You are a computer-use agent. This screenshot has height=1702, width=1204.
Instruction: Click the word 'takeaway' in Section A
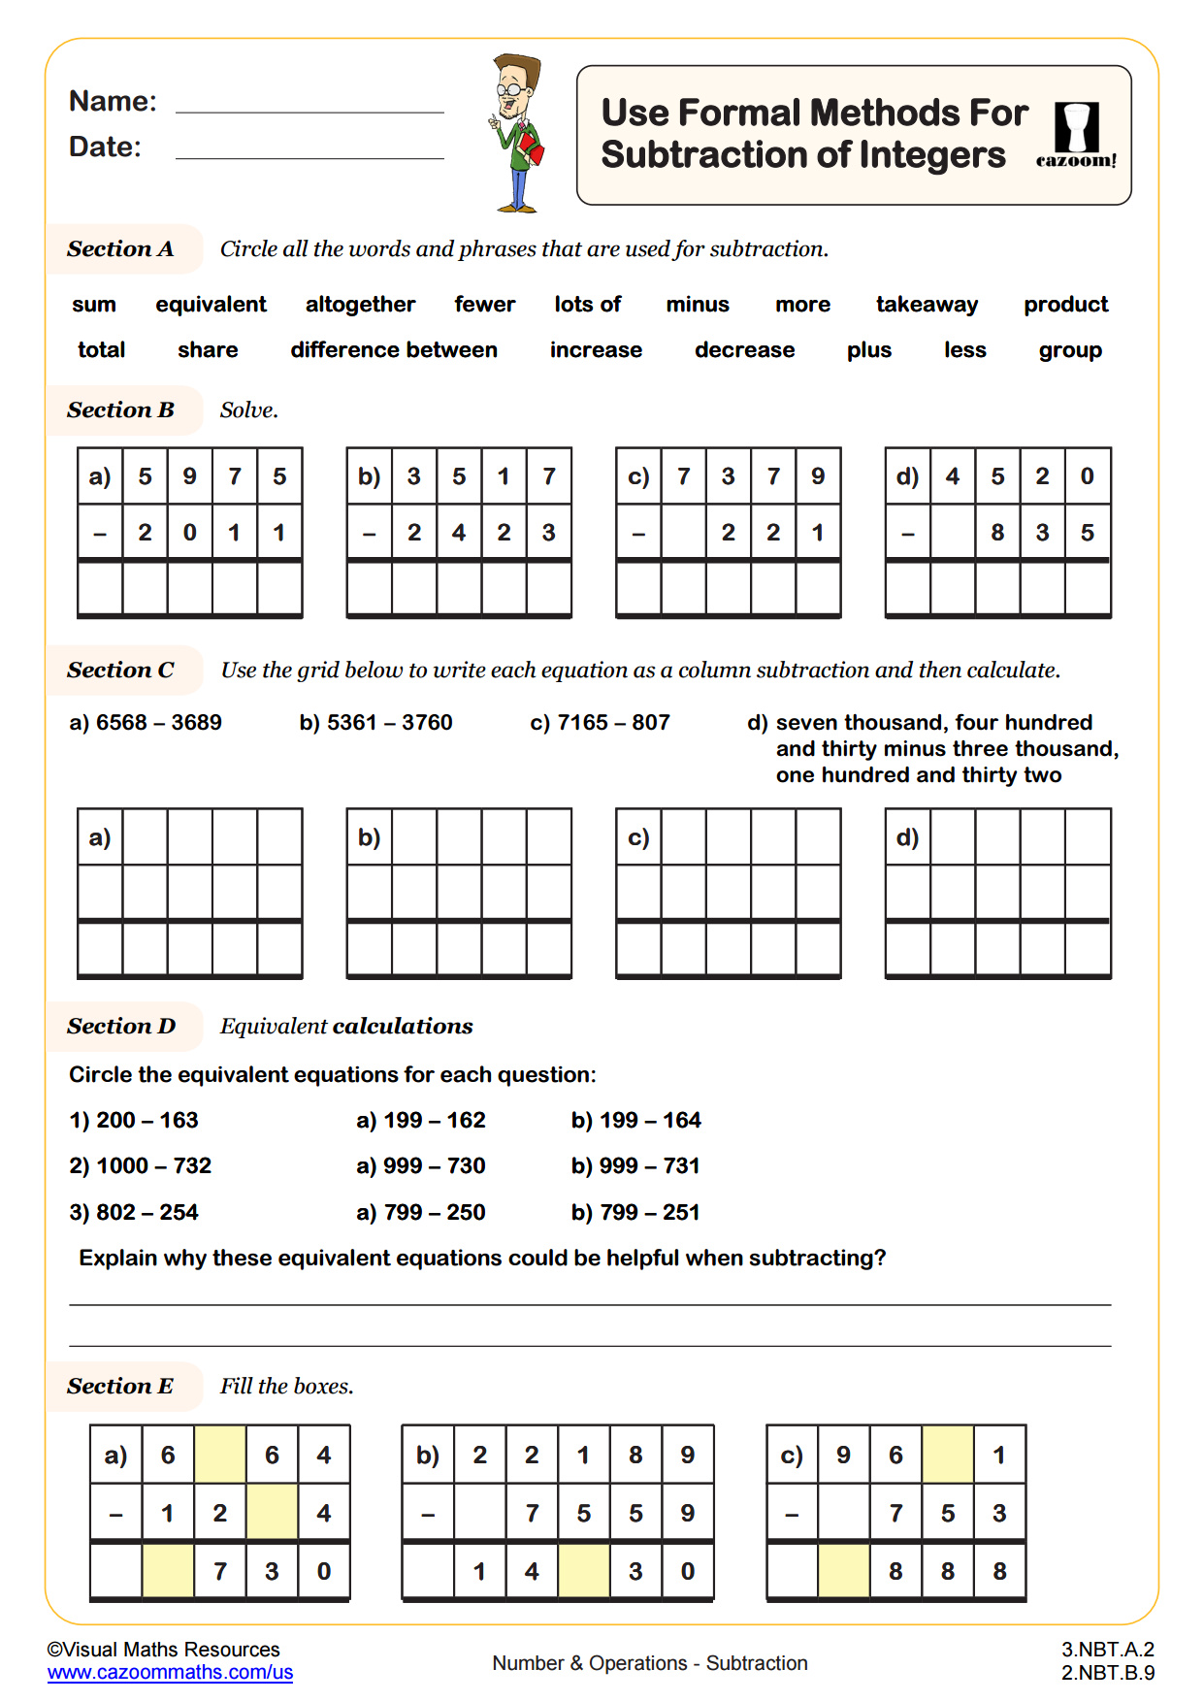coord(927,305)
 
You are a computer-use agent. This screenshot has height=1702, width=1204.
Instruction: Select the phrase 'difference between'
coord(393,350)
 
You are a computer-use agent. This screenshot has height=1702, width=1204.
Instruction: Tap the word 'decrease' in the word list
coord(744,350)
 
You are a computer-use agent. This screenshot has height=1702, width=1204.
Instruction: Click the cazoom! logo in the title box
coord(1076,136)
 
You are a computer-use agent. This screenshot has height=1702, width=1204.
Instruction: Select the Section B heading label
coord(121,410)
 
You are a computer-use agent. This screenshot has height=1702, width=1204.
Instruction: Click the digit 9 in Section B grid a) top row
coord(190,476)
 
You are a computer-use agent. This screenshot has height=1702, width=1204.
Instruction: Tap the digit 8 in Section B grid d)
coord(997,533)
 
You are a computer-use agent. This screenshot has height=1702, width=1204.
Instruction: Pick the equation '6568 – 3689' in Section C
coord(146,723)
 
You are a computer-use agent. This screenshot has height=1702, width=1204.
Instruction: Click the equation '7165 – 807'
coord(601,723)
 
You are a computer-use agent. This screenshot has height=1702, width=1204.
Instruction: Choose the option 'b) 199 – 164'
coord(635,1121)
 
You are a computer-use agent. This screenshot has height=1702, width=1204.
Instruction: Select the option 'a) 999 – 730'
coord(420,1166)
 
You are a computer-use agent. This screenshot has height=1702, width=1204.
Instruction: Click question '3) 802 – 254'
coord(134,1213)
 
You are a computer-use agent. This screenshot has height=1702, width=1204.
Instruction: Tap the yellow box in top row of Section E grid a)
coord(220,1455)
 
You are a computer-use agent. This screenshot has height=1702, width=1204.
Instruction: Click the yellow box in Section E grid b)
coord(584,1571)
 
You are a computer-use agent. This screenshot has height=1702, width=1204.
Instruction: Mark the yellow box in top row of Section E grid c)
coord(948,1455)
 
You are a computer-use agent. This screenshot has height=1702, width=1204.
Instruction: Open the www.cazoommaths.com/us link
coord(170,1673)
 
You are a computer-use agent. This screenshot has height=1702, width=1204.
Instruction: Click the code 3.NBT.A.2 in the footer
coord(1107,1650)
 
